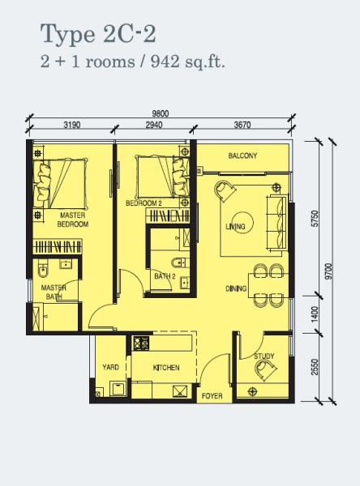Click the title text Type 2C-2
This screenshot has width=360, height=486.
coord(98,34)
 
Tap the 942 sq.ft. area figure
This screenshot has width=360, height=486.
coord(187,62)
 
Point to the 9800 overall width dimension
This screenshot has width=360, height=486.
coord(161,113)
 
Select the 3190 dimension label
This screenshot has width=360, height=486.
coord(72,125)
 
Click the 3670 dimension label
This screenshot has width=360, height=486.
coord(242,125)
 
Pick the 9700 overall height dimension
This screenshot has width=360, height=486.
coord(329,271)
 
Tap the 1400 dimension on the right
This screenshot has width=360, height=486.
coord(315,314)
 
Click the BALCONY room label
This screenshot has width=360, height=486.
coord(242,156)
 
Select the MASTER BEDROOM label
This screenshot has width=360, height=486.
coord(73,220)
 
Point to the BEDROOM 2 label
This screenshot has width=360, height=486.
coord(144,203)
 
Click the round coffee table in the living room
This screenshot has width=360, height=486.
coord(242,222)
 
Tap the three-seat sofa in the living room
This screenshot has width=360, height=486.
coord(276,222)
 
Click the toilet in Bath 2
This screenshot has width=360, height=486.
coord(180,262)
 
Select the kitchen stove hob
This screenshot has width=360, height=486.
coord(142,343)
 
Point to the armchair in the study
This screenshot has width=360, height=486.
coord(264,370)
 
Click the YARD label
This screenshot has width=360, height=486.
coord(111,367)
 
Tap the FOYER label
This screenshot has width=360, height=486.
coord(212,396)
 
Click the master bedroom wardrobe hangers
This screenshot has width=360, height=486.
coord(58,247)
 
